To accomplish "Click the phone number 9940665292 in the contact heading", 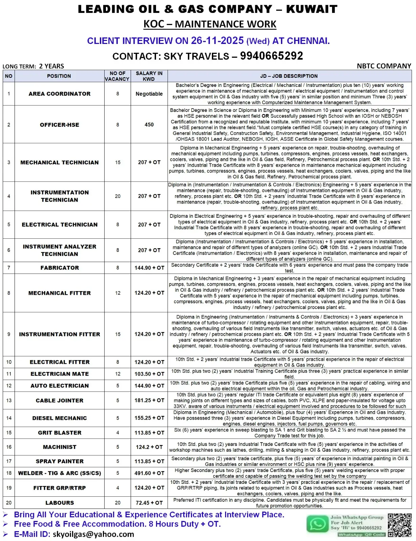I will point(271,56).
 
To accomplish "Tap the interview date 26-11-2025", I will point(217,41).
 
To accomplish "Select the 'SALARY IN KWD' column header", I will point(149,76).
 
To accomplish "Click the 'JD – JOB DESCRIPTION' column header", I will point(289,76).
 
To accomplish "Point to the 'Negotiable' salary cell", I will point(149,94).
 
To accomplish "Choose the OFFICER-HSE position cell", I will point(60,125).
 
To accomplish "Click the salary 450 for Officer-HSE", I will point(149,125).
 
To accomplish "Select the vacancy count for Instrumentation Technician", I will point(117,196).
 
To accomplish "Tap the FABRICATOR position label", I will point(60,268).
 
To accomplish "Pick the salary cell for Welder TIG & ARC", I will point(149,473).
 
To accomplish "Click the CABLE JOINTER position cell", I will point(60,400).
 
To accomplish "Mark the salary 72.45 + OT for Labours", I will point(149,503).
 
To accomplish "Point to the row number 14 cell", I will point(9,418).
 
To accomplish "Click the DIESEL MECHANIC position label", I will point(60,418).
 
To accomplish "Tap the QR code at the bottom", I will point(399,525).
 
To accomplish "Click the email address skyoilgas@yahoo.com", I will point(93,534).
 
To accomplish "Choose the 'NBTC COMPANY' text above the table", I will point(384,66).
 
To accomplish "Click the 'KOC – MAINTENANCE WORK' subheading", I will point(210,24).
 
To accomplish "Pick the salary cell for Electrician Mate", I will point(149,374).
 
